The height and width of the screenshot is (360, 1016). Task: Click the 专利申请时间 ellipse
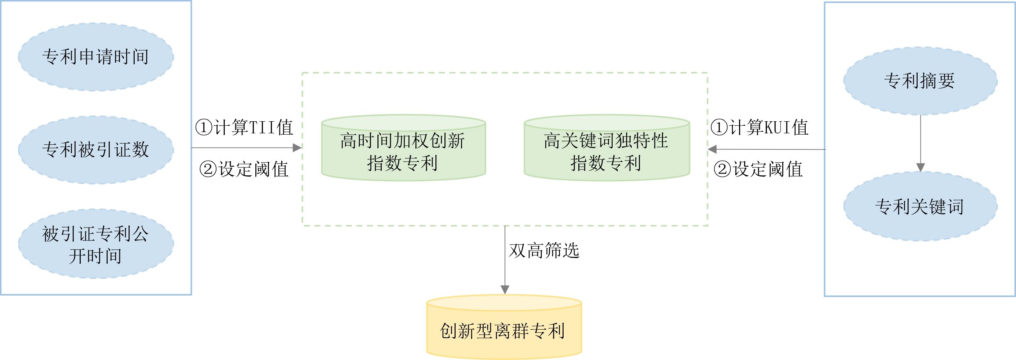(x=96, y=57)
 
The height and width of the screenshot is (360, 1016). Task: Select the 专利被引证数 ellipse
(x=96, y=149)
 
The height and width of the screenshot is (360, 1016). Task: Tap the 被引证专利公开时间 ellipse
(x=96, y=244)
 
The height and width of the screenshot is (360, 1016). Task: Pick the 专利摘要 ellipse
(x=920, y=81)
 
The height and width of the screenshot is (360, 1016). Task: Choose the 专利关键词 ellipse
(x=920, y=206)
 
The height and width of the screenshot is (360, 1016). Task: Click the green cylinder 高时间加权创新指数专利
(x=403, y=152)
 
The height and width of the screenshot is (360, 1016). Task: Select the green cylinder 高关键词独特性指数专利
(x=607, y=152)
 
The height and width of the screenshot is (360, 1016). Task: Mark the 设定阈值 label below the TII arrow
(x=245, y=169)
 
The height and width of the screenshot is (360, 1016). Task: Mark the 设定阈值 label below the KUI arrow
(x=758, y=169)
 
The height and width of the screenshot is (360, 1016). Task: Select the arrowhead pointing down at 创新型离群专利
(x=505, y=290)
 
